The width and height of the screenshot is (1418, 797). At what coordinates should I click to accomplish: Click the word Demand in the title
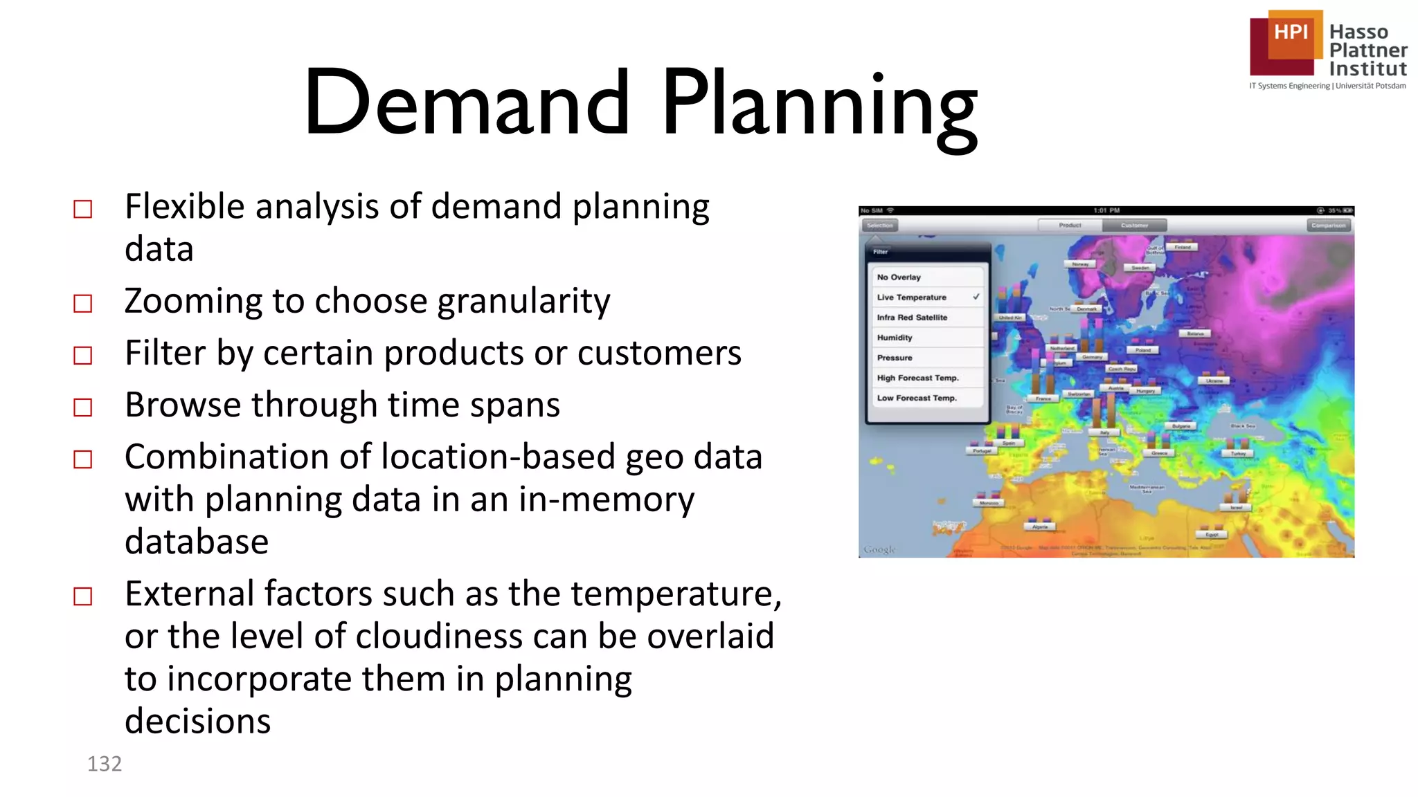(467, 102)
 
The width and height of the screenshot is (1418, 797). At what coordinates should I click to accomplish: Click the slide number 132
(105, 764)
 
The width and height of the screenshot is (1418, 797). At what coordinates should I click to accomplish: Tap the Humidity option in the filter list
(895, 338)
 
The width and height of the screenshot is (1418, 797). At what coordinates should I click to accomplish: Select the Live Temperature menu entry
(911, 297)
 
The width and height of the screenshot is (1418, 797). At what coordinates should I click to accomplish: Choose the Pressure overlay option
(895, 358)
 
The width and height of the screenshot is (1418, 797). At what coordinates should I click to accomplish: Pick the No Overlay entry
(899, 277)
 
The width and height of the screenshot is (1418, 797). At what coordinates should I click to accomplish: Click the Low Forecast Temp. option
(917, 398)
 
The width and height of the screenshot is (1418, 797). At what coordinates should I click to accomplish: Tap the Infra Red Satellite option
(912, 318)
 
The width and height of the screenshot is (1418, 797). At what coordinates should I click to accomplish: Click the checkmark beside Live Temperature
(976, 297)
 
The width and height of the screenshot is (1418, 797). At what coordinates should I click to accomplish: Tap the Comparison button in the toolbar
(1329, 226)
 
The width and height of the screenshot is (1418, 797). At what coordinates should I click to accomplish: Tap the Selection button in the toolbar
(880, 226)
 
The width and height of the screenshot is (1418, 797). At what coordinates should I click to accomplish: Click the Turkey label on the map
(1238, 453)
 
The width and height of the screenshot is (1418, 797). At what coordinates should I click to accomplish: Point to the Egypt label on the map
(1212, 534)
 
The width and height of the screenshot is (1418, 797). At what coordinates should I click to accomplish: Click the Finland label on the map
(1183, 247)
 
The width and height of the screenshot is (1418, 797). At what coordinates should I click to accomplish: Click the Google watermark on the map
(880, 549)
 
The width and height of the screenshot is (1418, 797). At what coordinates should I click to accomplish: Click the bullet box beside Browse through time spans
(83, 407)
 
